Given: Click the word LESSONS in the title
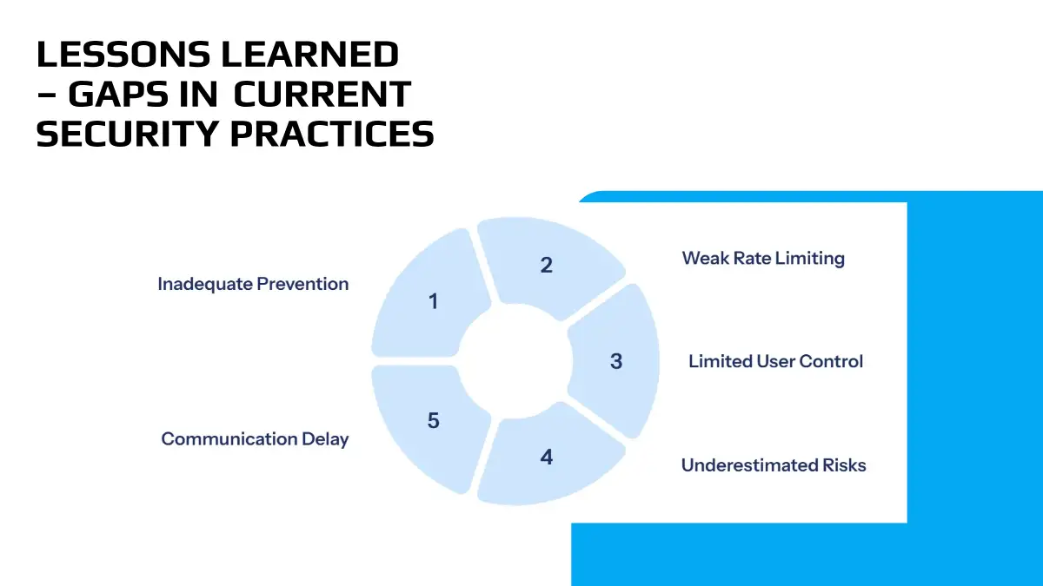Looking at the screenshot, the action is coord(123,55).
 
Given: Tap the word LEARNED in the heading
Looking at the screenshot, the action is coord(310,55).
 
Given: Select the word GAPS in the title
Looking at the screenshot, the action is coord(143,95).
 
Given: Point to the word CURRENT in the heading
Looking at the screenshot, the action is coord(322,95).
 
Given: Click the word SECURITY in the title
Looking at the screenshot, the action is coord(127,134).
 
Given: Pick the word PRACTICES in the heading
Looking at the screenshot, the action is coord(332,134).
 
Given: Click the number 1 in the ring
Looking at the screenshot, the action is coord(434,301).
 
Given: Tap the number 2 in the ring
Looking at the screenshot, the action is coord(546,265).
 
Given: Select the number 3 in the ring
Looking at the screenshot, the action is coord(616,361).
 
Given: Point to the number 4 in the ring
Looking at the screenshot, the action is coord(546,458).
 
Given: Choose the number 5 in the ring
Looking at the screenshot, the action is coord(434,420).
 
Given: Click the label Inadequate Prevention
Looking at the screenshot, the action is coord(253,284).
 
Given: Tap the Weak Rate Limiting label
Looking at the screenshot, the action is coord(763,259).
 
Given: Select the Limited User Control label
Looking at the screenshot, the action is coord(775,361).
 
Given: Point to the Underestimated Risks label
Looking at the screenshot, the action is coord(774,465).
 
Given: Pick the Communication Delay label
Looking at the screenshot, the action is coord(255,439).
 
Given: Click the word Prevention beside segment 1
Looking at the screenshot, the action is coord(302,284).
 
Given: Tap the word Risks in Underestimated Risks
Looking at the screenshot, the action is coord(844,465).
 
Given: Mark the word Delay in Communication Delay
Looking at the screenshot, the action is coord(325,439).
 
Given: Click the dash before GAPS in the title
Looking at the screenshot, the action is coord(47,95).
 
